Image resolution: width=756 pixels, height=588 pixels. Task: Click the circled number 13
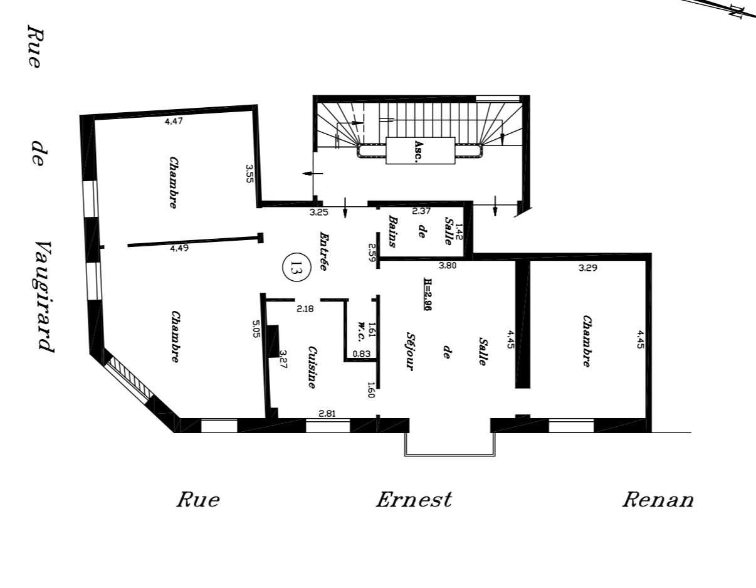pos(297,267)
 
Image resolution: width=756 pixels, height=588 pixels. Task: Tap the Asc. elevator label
pos(419,151)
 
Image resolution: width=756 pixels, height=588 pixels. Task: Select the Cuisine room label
pos(312,367)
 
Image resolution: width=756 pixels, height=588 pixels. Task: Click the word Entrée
pos(324,251)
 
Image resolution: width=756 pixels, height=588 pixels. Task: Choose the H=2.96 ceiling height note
pos(428,293)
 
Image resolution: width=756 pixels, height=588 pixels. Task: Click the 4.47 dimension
pos(174,121)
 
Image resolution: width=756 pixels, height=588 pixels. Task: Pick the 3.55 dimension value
pos(249,174)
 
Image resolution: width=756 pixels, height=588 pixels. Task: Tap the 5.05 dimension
pos(256,329)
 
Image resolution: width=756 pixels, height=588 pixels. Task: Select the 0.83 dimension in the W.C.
pos(362,354)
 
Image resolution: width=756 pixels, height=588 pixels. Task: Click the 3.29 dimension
pos(588,268)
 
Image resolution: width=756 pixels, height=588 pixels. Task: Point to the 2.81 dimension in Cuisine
pos(327,414)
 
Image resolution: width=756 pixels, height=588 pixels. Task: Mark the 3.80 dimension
pos(448,265)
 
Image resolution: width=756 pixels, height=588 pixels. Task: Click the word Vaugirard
pos(45,297)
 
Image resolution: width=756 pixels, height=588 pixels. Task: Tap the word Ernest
pos(414,500)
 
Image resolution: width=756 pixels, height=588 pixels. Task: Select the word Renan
pos(658,500)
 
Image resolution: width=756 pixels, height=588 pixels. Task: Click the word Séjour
pos(411,352)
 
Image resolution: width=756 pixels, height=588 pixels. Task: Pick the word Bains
pos(392,231)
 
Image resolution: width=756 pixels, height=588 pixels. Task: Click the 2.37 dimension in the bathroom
pos(421,211)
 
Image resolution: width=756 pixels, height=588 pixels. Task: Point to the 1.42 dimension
pos(459,231)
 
